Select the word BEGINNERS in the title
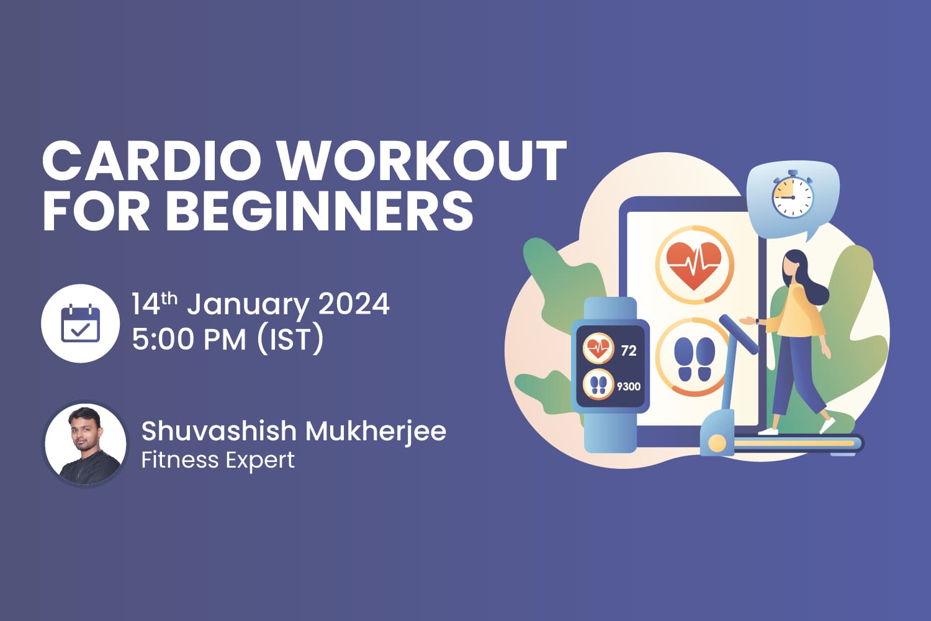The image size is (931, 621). click(x=320, y=211)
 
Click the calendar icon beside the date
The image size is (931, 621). click(x=80, y=324)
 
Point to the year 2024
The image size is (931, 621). click(x=354, y=304)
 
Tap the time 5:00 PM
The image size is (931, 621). click(x=189, y=340)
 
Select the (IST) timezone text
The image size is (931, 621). click(x=290, y=340)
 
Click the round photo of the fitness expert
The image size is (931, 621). click(x=85, y=444)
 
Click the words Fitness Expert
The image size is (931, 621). click(x=218, y=460)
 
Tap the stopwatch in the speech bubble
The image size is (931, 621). click(x=793, y=196)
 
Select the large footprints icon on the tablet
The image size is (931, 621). click(x=694, y=359)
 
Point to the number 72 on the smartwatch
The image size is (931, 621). click(x=628, y=351)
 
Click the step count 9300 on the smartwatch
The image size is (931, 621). click(x=628, y=386)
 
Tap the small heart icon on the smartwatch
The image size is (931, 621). click(x=598, y=348)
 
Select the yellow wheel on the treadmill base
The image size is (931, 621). click(x=717, y=443)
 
